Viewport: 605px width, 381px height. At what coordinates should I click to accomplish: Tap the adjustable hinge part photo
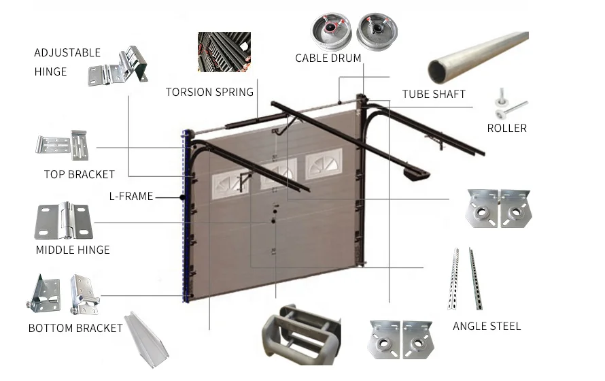[x=118, y=67]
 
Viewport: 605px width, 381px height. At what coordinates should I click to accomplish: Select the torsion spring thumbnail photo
[x=224, y=53]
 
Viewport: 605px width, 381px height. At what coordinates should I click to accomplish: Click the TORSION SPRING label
[x=209, y=92]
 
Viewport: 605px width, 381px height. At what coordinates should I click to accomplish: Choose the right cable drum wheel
[x=376, y=33]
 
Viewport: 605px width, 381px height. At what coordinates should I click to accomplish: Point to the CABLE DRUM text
[x=328, y=59]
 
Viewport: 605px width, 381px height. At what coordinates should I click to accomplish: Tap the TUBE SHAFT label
[x=434, y=94]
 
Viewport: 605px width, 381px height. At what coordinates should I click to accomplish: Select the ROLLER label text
[x=506, y=128]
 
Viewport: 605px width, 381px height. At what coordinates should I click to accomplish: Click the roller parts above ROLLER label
[x=508, y=105]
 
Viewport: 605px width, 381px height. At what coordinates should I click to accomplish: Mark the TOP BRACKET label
[x=80, y=174]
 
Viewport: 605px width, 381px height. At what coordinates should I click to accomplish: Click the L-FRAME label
[x=131, y=197]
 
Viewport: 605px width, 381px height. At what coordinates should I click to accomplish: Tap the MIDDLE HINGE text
[x=73, y=250]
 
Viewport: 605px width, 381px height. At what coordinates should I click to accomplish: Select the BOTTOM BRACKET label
[x=75, y=328]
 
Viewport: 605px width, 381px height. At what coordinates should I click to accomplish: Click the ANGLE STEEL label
[x=487, y=326]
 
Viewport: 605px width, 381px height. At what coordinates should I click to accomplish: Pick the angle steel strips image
[x=464, y=278]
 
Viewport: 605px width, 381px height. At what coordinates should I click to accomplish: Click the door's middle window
[x=279, y=174]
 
